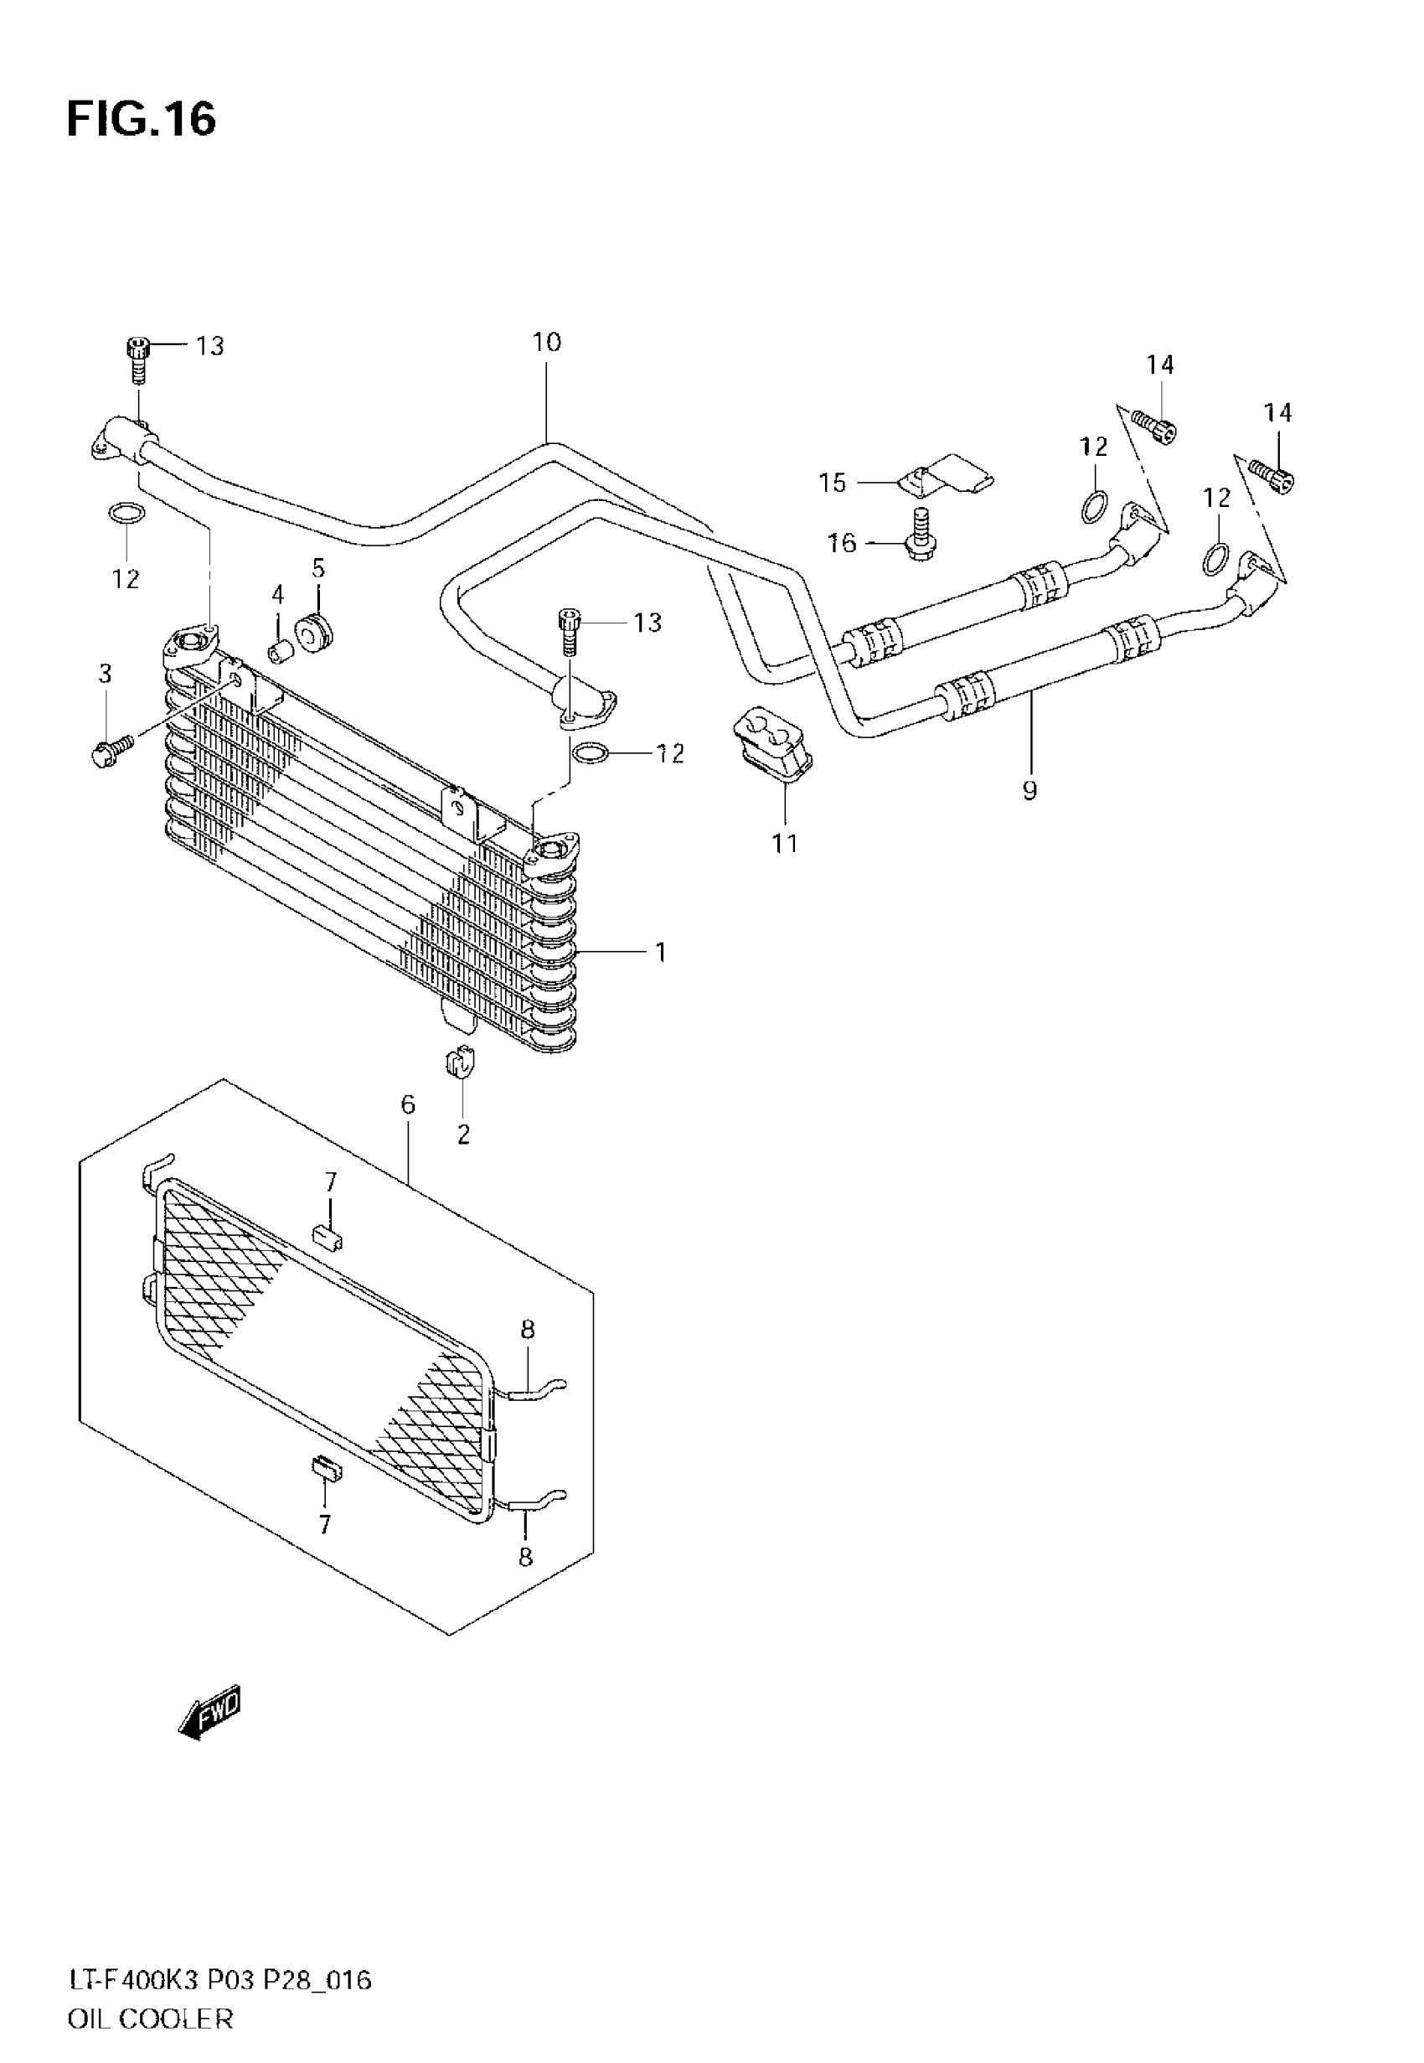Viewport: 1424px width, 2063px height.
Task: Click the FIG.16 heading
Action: tap(141, 119)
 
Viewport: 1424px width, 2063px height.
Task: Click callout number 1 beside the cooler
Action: tap(660, 953)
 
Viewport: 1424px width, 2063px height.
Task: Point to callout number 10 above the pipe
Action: tap(546, 342)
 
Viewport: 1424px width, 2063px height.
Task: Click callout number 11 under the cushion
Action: tap(784, 843)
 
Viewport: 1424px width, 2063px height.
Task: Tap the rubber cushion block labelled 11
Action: tap(772, 738)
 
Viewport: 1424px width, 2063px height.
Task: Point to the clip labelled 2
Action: tap(460, 1062)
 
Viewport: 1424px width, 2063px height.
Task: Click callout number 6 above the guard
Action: tap(408, 1104)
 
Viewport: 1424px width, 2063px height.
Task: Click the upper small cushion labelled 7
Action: tap(328, 1238)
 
